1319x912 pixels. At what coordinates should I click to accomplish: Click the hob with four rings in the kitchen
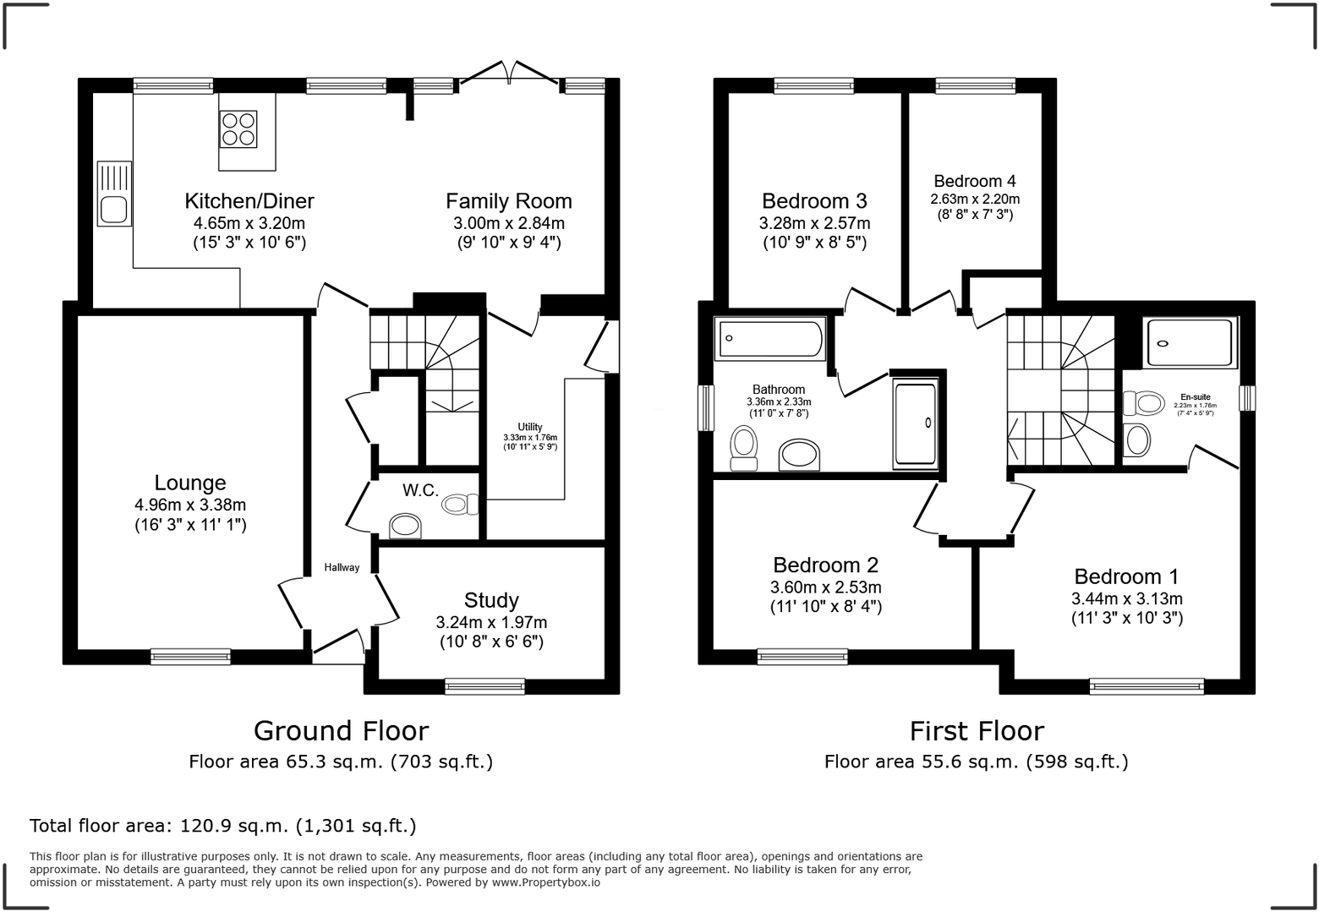click(x=238, y=129)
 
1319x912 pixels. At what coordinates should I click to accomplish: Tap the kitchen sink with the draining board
click(x=114, y=194)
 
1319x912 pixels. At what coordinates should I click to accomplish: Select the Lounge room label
click(x=190, y=483)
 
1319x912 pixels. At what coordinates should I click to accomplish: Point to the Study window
click(x=484, y=686)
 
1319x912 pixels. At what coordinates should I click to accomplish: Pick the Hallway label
click(x=342, y=568)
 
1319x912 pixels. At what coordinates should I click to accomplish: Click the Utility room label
click(x=530, y=427)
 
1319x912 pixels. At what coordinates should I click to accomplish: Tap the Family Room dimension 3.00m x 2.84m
click(x=509, y=224)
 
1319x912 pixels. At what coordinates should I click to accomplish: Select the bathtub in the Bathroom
click(x=770, y=339)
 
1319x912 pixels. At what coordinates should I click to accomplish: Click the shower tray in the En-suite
click(x=1190, y=343)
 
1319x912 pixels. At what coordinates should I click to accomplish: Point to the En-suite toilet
click(x=1143, y=404)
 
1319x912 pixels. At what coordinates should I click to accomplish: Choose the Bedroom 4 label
click(x=975, y=181)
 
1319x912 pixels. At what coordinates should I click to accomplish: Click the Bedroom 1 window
click(x=1147, y=686)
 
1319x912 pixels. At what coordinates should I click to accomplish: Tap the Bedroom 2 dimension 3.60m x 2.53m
click(x=825, y=587)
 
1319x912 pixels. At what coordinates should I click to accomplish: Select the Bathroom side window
click(x=706, y=408)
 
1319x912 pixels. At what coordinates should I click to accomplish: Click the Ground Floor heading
click(x=342, y=731)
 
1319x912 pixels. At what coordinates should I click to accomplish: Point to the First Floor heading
click(x=977, y=731)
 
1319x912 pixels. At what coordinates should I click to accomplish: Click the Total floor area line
click(x=223, y=826)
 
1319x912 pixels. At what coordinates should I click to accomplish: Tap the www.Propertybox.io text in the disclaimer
click(x=546, y=882)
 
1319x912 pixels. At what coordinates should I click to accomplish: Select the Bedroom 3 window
click(x=813, y=86)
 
